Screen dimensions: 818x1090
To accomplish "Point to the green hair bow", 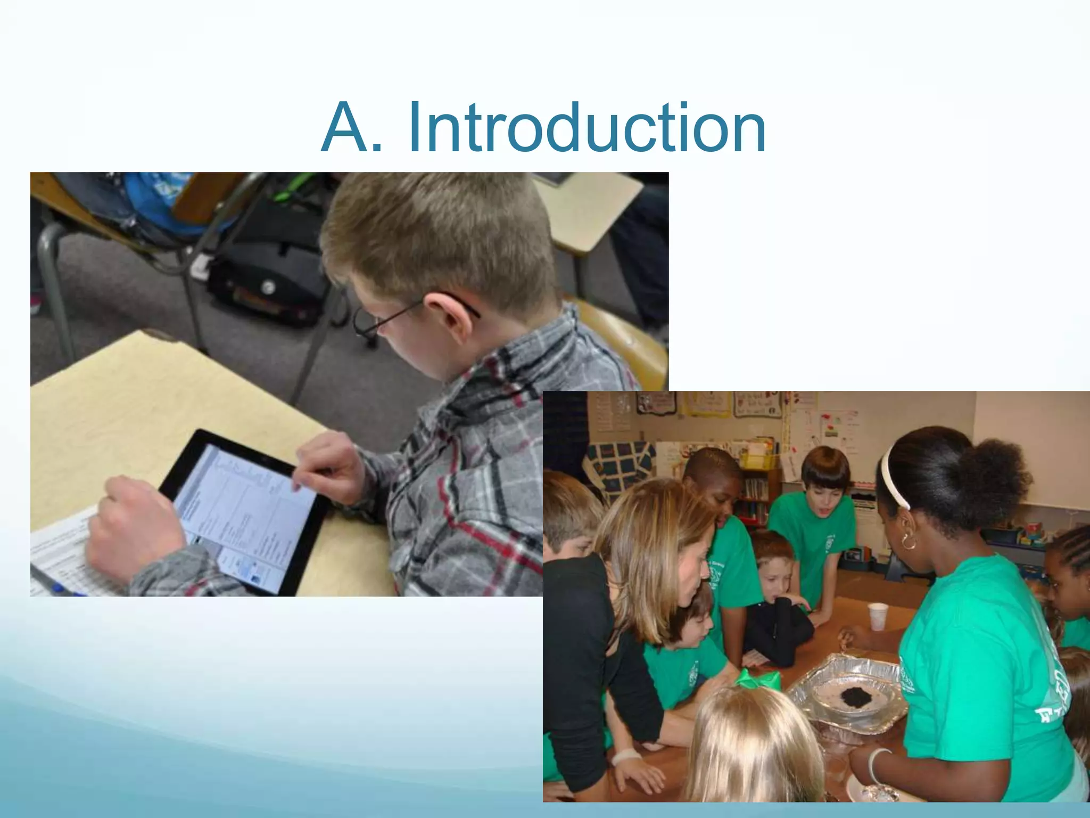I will coord(756,679).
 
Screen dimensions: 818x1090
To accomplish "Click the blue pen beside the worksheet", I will coord(59,586).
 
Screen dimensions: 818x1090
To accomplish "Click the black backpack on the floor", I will coord(266,266).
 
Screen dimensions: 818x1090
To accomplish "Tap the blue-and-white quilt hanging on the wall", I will coord(620,469).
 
